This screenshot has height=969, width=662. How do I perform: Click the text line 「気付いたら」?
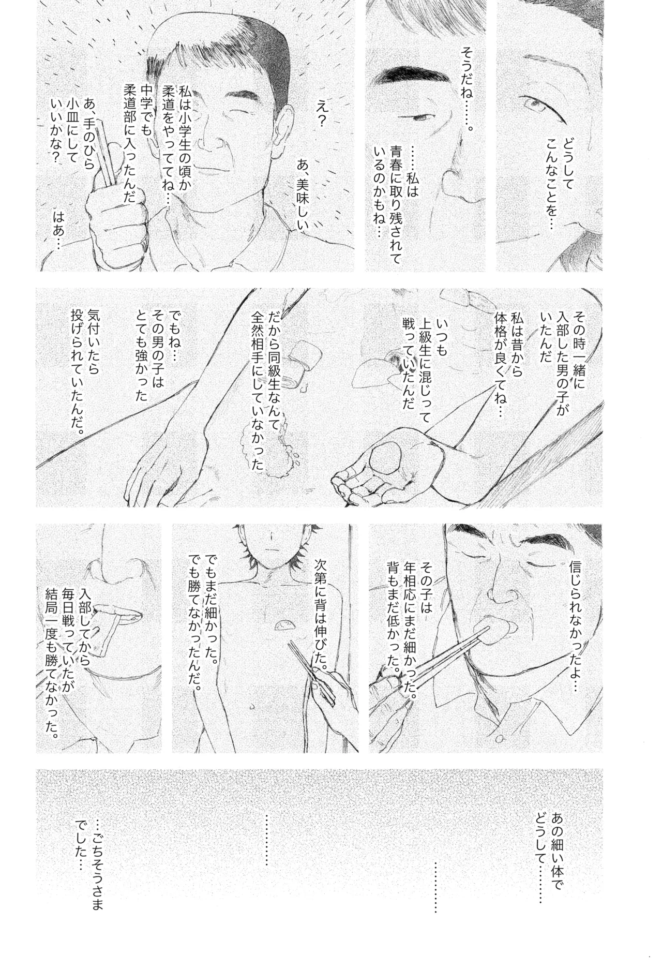(94, 356)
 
